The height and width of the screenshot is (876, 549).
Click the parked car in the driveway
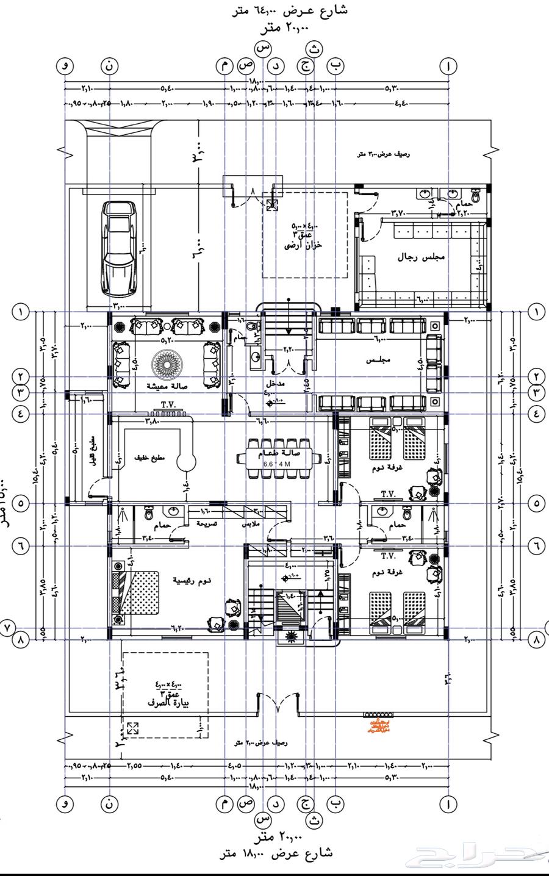pos(119,248)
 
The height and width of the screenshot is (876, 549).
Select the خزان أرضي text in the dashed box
pos(303,246)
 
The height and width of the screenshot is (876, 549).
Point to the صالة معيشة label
pos(167,386)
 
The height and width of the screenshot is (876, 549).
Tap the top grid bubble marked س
pos(263,47)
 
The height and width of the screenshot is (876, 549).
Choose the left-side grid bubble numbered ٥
pos(21,504)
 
